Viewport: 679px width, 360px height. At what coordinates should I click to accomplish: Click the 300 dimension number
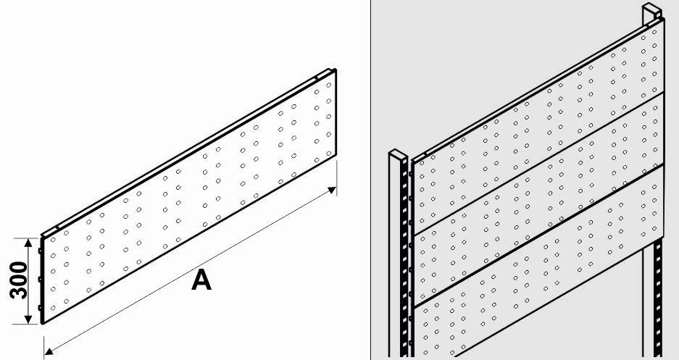(x=18, y=280)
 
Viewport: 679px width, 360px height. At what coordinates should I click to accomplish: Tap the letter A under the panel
(x=201, y=280)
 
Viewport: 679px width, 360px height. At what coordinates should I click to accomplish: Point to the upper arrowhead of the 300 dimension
(x=28, y=243)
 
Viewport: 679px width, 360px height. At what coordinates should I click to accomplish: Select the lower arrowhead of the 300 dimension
(x=28, y=319)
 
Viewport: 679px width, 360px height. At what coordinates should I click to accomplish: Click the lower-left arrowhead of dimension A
(x=49, y=351)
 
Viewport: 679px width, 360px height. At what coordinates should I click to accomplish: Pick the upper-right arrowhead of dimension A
(x=332, y=190)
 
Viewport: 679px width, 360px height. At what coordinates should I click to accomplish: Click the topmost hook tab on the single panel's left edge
(x=40, y=251)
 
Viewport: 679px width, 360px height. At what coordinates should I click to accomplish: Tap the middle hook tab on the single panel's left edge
(x=40, y=280)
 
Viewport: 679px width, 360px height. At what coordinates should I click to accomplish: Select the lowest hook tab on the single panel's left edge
(x=40, y=308)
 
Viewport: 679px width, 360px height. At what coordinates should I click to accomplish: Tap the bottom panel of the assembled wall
(x=537, y=272)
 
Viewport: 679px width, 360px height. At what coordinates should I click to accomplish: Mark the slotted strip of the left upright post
(x=406, y=259)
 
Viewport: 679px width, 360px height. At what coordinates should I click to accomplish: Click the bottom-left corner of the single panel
(x=43, y=323)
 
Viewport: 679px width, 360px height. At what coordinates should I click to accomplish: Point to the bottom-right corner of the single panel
(x=336, y=154)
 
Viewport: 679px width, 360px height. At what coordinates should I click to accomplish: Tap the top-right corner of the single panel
(x=336, y=70)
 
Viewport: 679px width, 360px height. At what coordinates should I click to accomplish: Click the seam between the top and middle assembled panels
(x=538, y=164)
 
